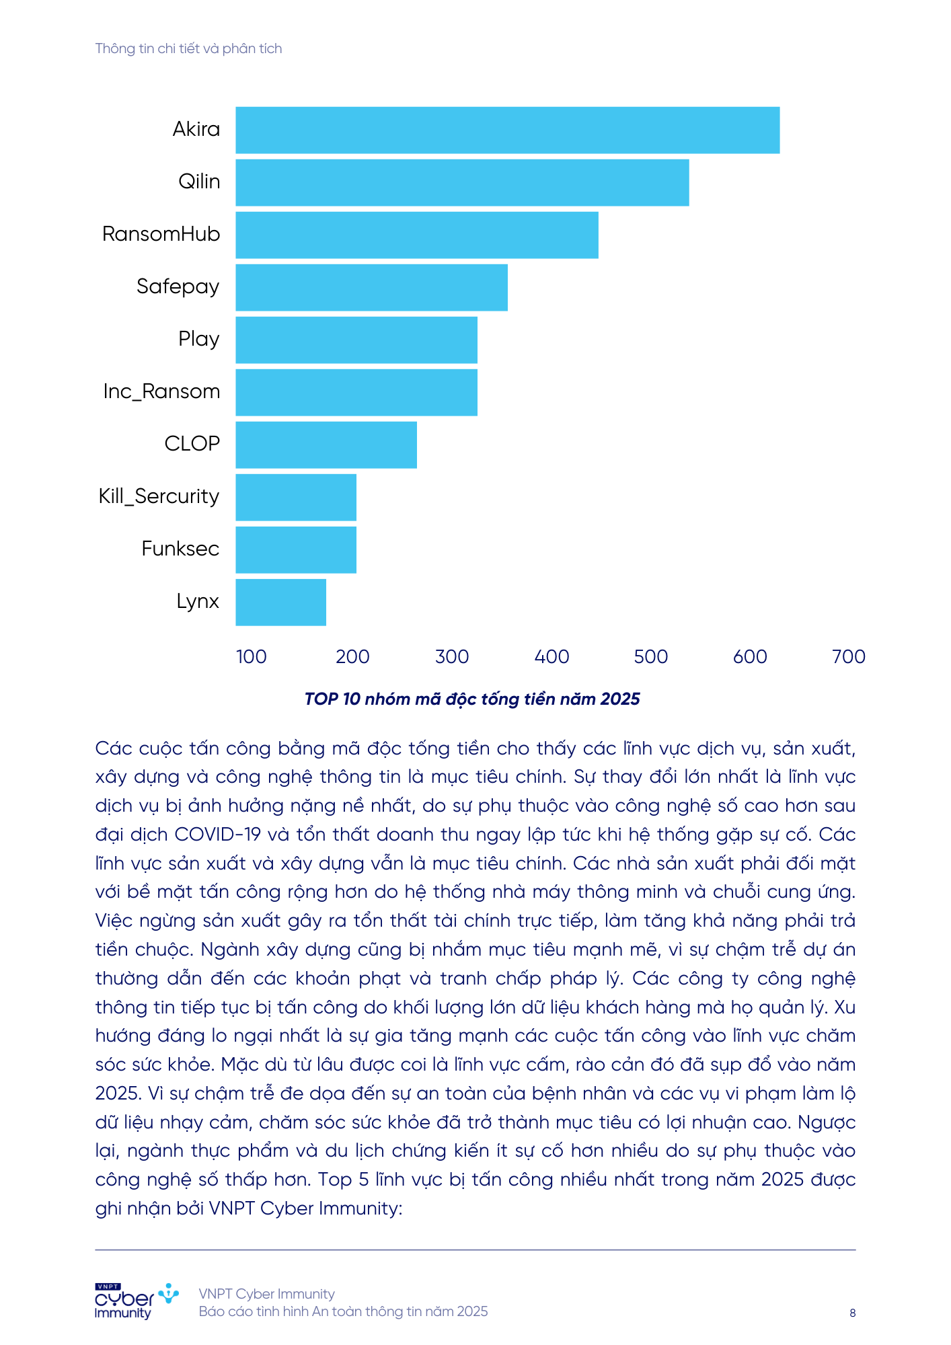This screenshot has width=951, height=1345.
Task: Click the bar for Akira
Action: click(x=507, y=130)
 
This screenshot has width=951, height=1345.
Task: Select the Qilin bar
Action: click(x=462, y=182)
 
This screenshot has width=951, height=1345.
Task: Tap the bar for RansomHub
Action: click(x=416, y=235)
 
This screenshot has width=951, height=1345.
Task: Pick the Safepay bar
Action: click(x=371, y=287)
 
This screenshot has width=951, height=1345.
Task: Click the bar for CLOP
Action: click(x=326, y=445)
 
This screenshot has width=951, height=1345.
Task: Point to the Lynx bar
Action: click(x=280, y=602)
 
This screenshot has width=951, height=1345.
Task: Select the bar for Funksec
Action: click(x=296, y=549)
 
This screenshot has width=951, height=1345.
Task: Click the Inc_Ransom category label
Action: click(x=161, y=391)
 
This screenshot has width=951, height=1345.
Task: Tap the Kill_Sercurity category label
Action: click(x=159, y=496)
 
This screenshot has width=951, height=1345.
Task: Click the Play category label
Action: click(x=198, y=339)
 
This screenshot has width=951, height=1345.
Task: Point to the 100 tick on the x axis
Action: click(x=252, y=656)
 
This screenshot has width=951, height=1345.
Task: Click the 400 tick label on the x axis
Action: click(x=551, y=656)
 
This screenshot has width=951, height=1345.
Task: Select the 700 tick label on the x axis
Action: click(x=848, y=656)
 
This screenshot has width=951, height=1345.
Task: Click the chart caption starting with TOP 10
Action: click(x=471, y=699)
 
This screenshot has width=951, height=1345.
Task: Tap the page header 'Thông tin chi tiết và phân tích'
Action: click(x=188, y=48)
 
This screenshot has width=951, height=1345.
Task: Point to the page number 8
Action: click(x=852, y=1313)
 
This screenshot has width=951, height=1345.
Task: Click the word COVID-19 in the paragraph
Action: click(x=217, y=835)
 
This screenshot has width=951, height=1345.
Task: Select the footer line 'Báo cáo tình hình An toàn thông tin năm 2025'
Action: click(x=343, y=1311)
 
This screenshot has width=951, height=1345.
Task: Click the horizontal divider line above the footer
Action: click(x=475, y=1250)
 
